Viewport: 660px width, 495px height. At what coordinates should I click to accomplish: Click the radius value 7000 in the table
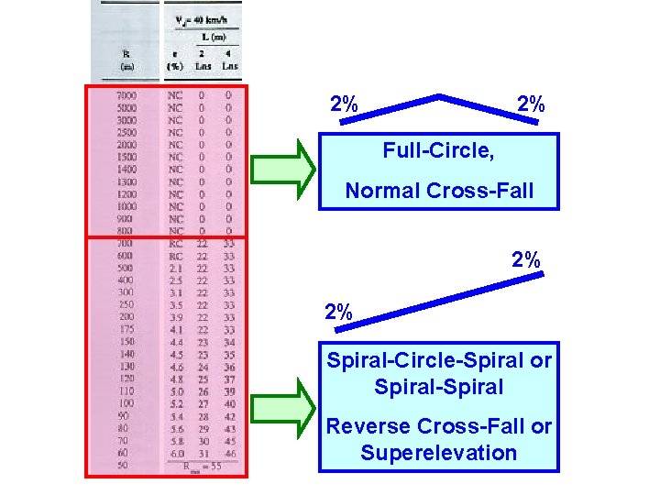[127, 95]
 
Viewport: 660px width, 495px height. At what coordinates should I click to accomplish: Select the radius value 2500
[127, 132]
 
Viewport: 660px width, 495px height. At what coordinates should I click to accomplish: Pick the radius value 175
[127, 329]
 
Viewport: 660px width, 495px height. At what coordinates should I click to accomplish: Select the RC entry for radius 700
[175, 243]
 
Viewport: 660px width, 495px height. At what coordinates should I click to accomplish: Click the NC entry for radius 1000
[175, 206]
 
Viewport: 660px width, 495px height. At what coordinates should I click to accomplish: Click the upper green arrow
[282, 166]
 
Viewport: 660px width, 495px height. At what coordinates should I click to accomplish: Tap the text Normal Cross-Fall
[438, 192]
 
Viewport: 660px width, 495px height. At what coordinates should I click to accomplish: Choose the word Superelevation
[438, 453]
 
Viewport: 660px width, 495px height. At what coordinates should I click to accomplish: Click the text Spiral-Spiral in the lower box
[438, 387]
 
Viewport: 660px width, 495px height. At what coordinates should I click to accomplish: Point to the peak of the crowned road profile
[441, 95]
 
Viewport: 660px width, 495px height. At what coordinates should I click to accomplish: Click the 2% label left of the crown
[344, 104]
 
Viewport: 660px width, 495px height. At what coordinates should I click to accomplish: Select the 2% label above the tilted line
[526, 260]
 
